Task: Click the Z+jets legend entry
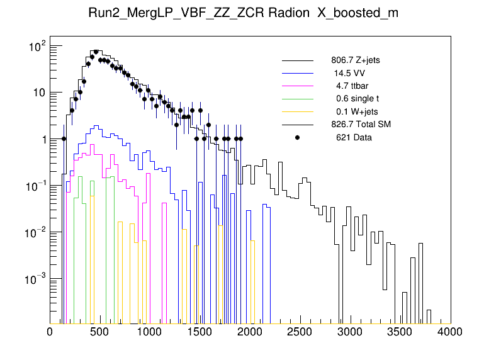click(355, 60)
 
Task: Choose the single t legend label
click(357, 99)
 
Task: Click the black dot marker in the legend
click(298, 137)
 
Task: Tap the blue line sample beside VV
click(298, 73)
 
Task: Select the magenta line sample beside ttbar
click(298, 86)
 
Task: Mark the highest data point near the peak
click(96, 52)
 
